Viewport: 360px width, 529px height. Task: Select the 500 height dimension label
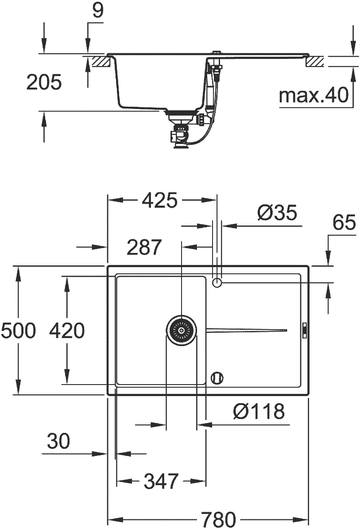(18, 330)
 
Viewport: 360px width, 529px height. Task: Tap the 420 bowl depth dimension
(67, 330)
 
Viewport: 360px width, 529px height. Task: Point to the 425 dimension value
(159, 200)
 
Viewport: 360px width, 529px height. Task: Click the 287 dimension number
(144, 247)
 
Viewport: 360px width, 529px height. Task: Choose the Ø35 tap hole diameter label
(277, 213)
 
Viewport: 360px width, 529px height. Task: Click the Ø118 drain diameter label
(259, 411)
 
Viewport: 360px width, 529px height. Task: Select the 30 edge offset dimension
(58, 441)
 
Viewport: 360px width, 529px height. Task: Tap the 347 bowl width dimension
(161, 481)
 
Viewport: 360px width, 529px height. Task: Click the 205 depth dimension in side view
(44, 82)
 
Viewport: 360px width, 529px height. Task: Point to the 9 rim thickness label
(98, 11)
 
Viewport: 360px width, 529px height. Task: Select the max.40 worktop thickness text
(314, 95)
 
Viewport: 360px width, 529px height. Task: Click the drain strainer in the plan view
(182, 330)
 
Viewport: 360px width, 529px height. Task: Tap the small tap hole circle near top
(217, 283)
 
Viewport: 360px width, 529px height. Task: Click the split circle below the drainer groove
(217, 378)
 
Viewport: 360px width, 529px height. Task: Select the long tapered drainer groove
(246, 330)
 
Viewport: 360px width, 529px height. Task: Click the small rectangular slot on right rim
(304, 330)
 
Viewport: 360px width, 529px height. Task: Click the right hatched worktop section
(315, 62)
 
